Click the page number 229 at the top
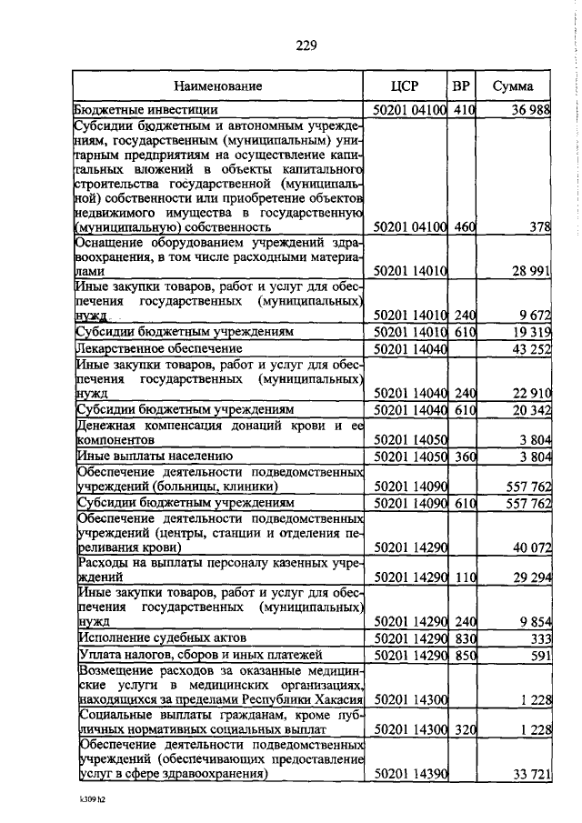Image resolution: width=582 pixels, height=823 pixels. [305, 45]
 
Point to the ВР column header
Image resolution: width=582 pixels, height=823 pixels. [462, 86]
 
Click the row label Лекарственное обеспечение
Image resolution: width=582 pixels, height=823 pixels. [146, 348]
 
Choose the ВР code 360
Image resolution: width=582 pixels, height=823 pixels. [464, 456]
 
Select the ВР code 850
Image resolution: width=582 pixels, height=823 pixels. [464, 655]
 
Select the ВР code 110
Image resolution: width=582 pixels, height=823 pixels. [464, 577]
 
